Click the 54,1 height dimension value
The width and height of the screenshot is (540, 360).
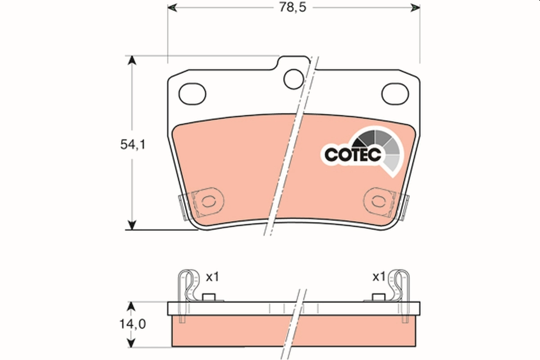pyautogui.click(x=132, y=144)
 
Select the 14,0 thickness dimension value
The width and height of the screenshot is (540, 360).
pyautogui.click(x=132, y=324)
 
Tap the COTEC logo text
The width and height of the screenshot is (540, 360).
pyautogui.click(x=353, y=154)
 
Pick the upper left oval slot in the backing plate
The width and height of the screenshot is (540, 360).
pyautogui.click(x=192, y=93)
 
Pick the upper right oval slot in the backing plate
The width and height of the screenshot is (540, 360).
pyautogui.click(x=395, y=93)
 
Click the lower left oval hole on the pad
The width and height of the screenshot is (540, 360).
pyautogui.click(x=208, y=200)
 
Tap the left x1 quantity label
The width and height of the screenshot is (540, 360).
pyautogui.click(x=212, y=277)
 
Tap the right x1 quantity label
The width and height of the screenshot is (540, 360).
pyautogui.click(x=379, y=277)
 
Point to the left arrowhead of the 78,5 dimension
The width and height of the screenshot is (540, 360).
pyautogui.click(x=172, y=8)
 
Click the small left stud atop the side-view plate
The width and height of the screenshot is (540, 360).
pyautogui.click(x=208, y=297)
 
